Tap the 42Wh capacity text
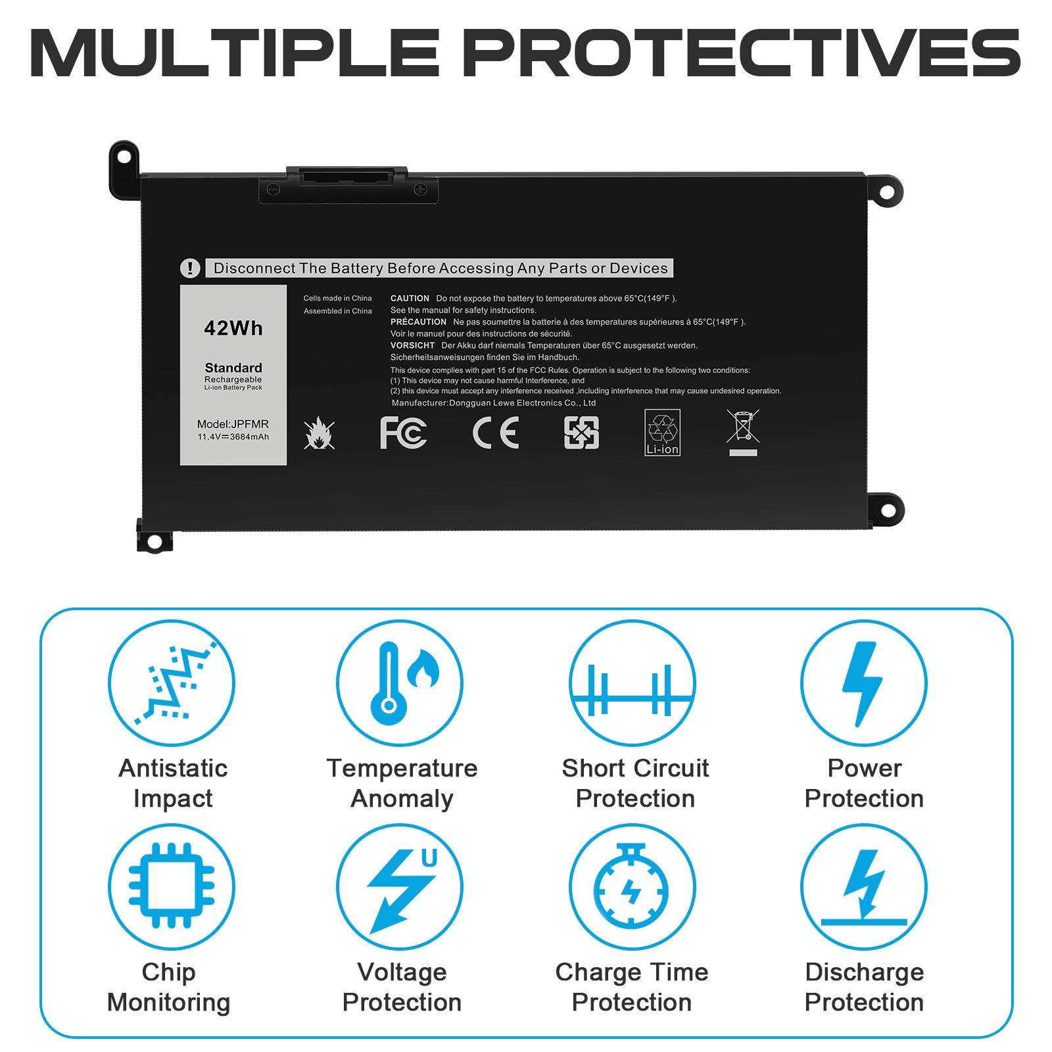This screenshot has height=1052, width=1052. (233, 328)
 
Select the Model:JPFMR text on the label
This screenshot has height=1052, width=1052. (233, 424)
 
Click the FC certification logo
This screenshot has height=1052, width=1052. (403, 433)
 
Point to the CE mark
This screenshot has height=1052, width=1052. (496, 433)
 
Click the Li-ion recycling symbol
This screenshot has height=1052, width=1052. (662, 432)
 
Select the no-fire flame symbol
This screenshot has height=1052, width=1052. (320, 433)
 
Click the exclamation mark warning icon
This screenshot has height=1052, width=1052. (190, 268)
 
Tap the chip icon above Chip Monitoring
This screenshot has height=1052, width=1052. (171, 886)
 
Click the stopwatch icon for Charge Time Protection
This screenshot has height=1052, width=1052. (631, 887)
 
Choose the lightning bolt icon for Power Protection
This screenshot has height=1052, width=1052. (863, 683)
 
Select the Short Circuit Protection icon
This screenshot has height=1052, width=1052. (632, 690)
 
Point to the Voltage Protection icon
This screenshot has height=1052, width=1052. (400, 887)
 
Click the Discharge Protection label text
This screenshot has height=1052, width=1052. (864, 987)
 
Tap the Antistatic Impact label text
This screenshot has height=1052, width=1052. (173, 783)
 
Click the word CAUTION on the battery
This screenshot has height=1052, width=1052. (410, 299)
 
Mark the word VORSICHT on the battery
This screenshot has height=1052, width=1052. (412, 345)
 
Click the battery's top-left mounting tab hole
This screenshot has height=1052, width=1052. (123, 156)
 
